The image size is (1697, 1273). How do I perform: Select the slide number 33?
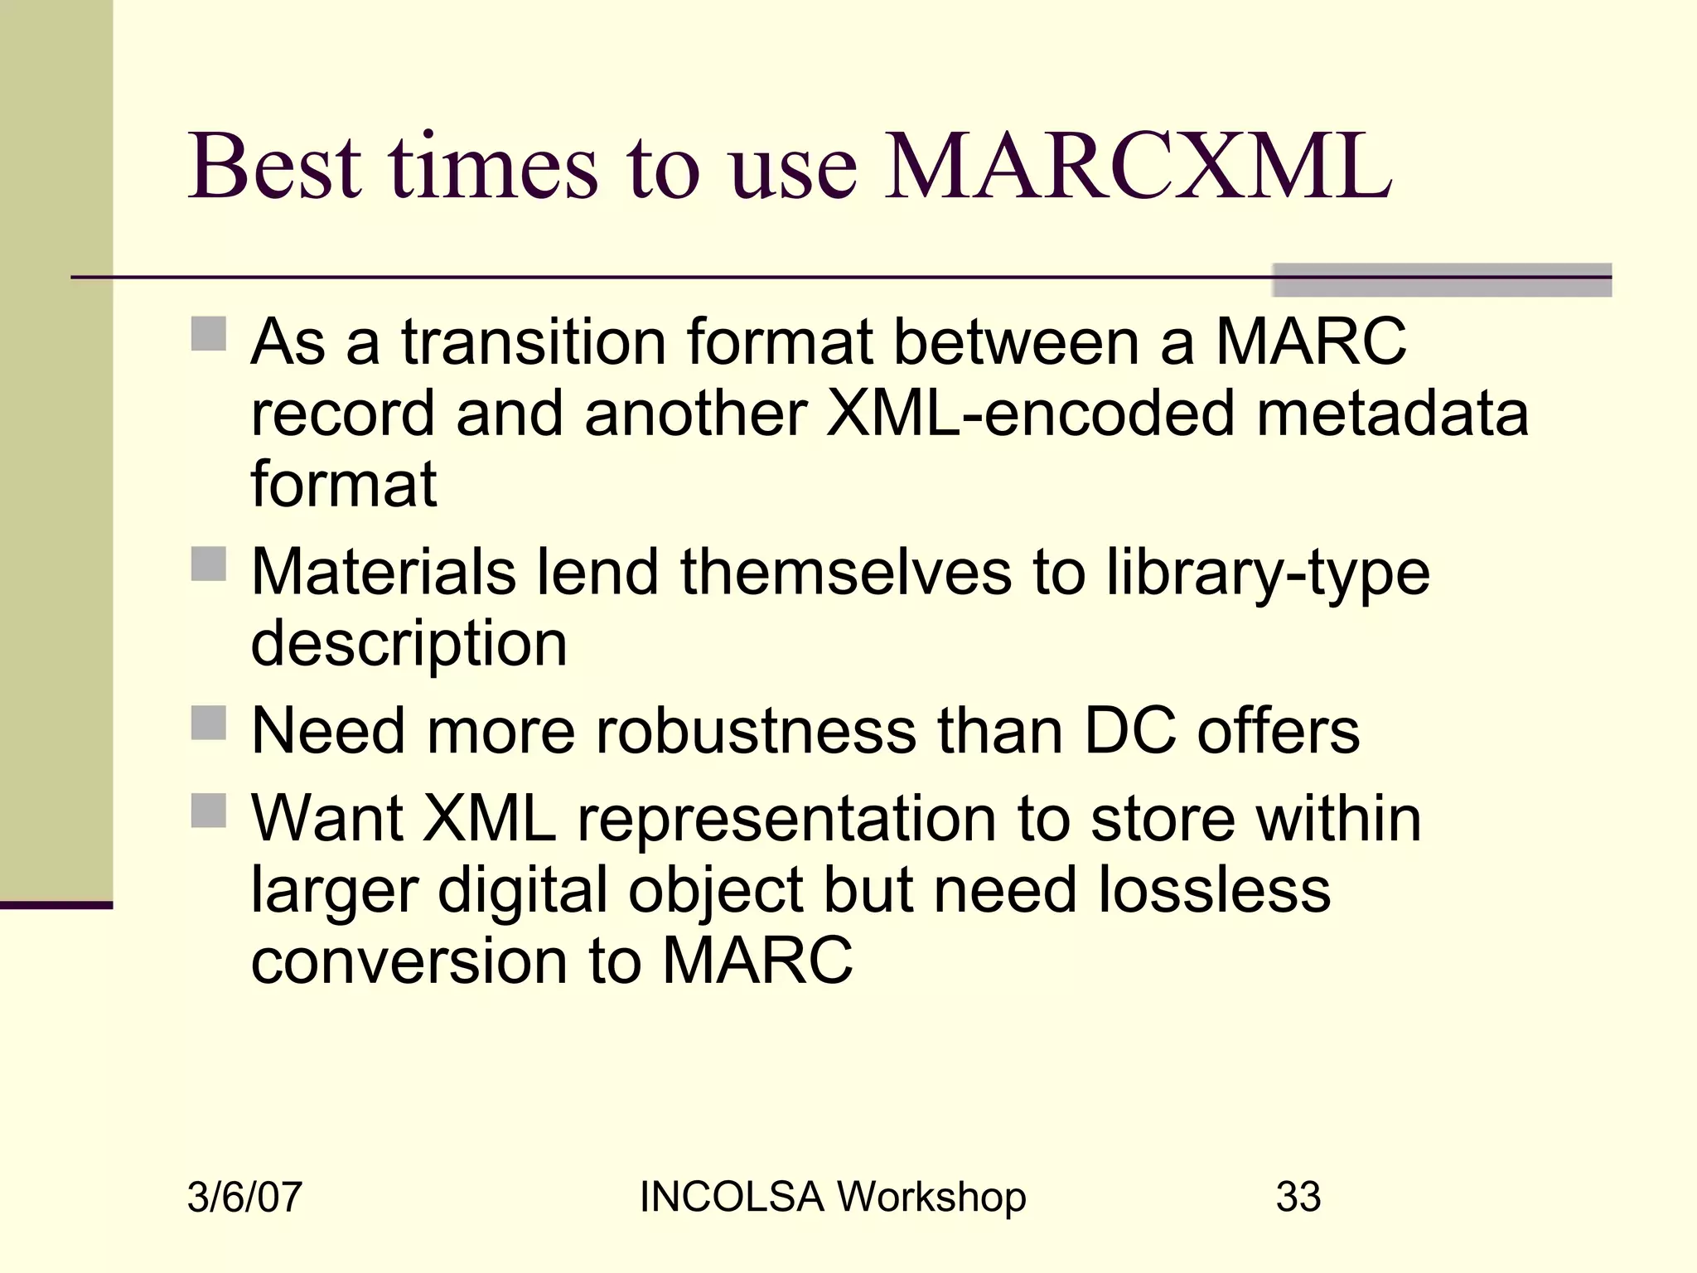[1298, 1197]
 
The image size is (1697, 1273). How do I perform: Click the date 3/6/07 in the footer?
[244, 1197]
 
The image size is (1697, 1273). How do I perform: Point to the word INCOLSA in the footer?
[732, 1197]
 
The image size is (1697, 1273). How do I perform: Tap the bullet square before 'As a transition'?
[209, 334]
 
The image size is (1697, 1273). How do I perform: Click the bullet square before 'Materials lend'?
[209, 564]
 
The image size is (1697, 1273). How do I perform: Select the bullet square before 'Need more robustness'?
[209, 723]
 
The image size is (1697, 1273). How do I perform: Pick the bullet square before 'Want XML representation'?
[209, 811]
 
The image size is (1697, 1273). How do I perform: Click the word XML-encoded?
[1031, 413]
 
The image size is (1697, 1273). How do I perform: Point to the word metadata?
[1392, 413]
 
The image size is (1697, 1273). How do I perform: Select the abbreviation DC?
[1129, 731]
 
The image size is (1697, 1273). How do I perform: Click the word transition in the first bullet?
[534, 341]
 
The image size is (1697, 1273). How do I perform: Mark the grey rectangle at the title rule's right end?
[1442, 280]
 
